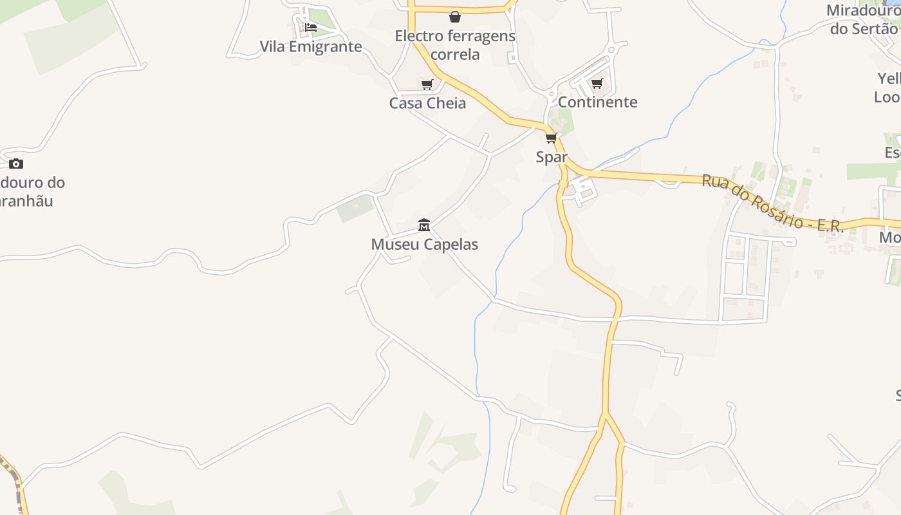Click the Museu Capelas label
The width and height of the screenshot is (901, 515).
(425, 245)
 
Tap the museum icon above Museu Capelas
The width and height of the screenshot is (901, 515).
(424, 225)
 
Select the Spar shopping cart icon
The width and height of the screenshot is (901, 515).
(551, 138)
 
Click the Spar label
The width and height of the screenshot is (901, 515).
(552, 157)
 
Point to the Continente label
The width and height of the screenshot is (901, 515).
(597, 102)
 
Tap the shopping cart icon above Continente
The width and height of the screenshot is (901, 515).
(597, 83)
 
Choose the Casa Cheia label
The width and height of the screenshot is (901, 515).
(427, 104)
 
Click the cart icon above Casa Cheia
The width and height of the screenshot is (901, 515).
(427, 84)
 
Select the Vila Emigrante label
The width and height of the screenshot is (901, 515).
(311, 47)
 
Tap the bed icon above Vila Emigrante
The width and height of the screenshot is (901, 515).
(311, 27)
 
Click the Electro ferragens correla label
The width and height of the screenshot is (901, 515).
(455, 45)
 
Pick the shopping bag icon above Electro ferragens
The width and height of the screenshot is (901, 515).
(455, 17)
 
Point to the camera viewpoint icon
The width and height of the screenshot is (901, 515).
(16, 164)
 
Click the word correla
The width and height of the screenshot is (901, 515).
(455, 55)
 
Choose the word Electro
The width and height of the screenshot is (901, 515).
(418, 36)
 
